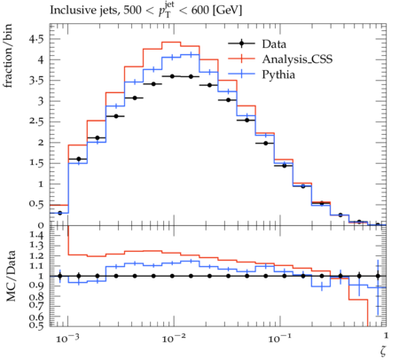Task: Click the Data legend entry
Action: [257, 43]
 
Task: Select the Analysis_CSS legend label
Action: [297, 59]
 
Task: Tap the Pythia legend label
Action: [278, 74]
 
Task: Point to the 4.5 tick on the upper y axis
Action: [36, 39]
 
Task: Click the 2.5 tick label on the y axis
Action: [36, 121]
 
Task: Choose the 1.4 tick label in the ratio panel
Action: [36, 235]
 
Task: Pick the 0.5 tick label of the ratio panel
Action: [36, 325]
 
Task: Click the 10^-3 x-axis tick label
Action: [67, 338]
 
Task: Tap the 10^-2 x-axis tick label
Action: [174, 338]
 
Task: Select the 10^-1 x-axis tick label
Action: [279, 338]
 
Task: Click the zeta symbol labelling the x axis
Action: [383, 351]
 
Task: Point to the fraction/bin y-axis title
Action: [8, 56]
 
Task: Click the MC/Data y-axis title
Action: [11, 276]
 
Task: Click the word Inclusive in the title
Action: [70, 10]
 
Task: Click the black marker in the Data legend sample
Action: [241, 43]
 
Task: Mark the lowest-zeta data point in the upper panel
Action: [59, 213]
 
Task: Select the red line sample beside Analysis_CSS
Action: [241, 59]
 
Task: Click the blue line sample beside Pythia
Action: [241, 74]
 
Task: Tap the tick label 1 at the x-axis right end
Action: [386, 335]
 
